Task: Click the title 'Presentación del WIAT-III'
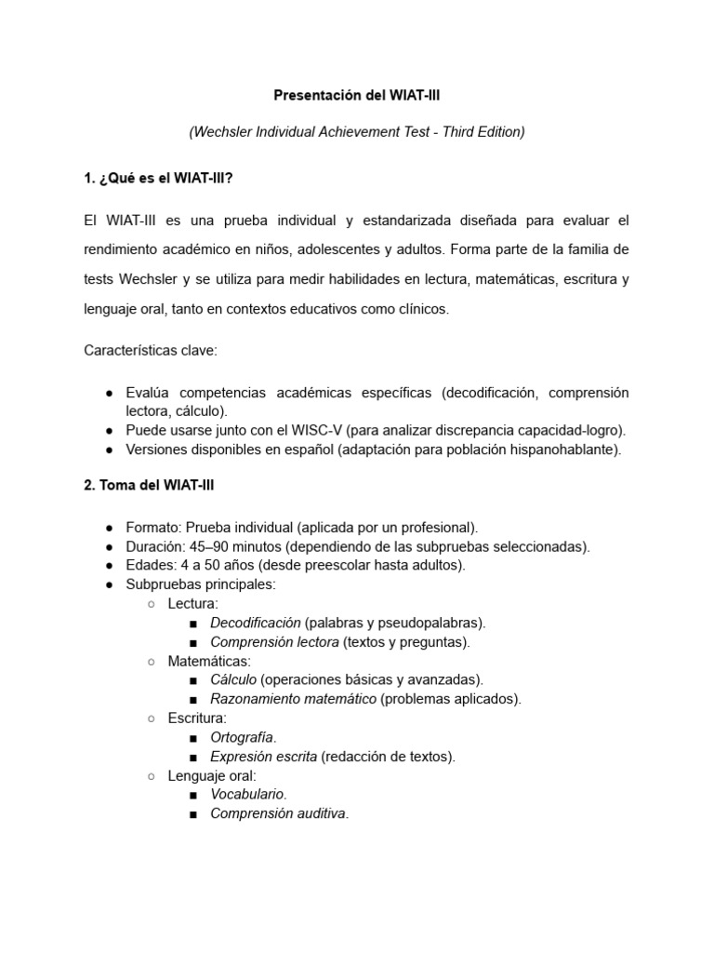(356, 95)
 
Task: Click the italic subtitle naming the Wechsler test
(356, 132)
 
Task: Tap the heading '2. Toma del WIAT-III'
(149, 485)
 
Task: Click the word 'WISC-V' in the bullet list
(317, 430)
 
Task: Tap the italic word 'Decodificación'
(256, 623)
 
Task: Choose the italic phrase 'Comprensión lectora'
(275, 642)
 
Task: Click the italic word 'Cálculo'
(234, 679)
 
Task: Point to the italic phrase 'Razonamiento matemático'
(294, 699)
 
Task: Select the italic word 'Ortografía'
(244, 737)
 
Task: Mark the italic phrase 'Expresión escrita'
(264, 757)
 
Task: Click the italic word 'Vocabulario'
(248, 794)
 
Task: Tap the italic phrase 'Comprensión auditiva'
(279, 813)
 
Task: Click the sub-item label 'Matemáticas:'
(196, 661)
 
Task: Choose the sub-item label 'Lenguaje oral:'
(212, 775)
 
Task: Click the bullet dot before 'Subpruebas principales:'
(110, 584)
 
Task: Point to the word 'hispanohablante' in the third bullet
(569, 450)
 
